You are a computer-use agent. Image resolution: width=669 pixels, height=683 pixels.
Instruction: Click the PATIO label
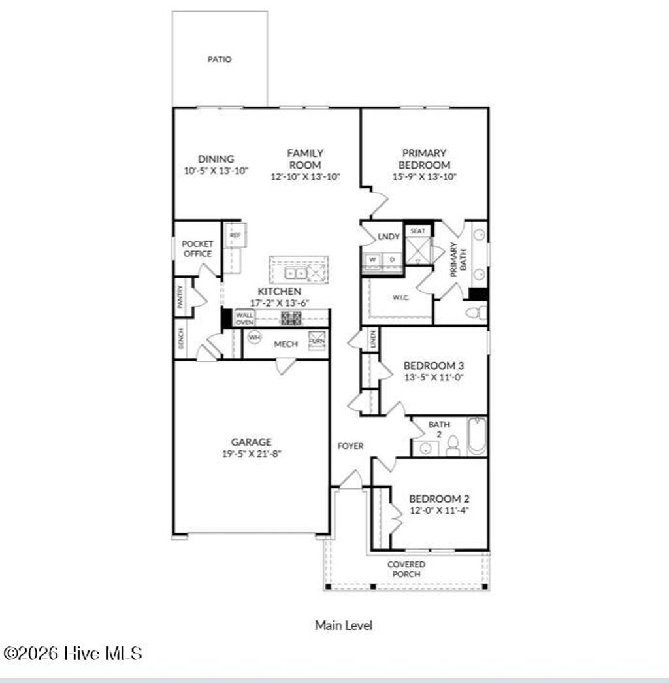220,59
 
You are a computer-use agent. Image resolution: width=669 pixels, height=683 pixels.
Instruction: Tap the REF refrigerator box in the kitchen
235,235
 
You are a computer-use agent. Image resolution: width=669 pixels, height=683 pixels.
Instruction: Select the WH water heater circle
253,337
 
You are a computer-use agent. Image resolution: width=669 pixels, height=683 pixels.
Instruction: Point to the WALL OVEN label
244,318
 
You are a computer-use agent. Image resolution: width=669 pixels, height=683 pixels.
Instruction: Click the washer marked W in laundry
373,259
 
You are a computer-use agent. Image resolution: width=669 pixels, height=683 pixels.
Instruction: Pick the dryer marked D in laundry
392,259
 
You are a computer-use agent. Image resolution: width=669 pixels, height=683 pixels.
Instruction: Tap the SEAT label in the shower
417,231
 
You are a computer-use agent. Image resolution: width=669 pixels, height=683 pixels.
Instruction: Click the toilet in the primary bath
476,313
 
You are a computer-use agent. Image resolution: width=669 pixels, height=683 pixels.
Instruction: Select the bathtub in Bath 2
477,436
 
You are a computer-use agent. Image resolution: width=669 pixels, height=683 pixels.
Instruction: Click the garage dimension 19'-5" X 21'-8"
251,453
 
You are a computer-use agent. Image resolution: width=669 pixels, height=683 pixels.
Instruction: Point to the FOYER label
350,446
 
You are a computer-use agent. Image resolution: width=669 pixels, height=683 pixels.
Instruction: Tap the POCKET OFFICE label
197,248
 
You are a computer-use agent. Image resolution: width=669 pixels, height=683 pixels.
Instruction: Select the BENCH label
181,338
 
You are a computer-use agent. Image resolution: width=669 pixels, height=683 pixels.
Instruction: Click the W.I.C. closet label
400,298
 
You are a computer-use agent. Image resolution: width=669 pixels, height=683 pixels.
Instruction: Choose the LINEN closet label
373,339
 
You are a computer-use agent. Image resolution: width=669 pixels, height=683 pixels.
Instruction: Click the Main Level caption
344,625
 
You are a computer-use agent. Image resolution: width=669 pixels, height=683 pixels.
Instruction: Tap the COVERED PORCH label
406,569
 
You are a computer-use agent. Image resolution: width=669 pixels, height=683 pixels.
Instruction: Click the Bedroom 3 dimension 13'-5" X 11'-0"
433,377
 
